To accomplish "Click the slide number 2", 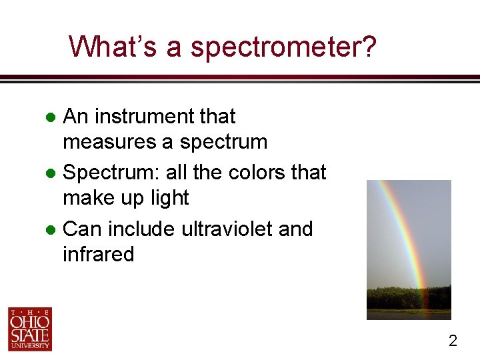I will pos(453,341).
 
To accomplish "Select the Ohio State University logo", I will pos(29,329).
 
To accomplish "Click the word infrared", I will pos(98,255).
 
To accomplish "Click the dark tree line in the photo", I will pos(408,298).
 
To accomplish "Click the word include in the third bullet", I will pos(141,229).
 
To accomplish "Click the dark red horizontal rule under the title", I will pos(240,77).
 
